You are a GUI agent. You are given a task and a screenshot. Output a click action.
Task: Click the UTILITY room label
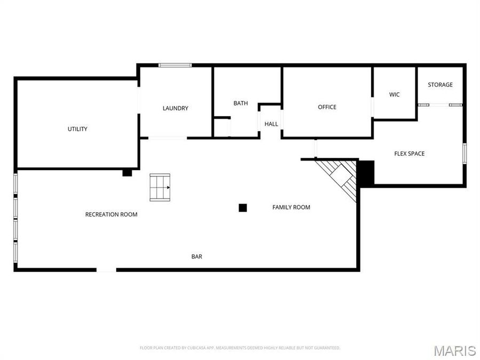[x=77, y=129]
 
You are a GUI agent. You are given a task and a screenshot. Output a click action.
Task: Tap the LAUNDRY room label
[x=175, y=108]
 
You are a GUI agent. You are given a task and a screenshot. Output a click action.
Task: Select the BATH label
[x=241, y=103]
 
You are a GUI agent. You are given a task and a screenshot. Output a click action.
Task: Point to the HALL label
[x=271, y=124]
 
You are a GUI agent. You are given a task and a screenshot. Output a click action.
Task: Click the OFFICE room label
[x=327, y=107]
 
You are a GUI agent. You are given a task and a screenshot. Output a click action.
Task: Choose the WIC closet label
[x=394, y=94]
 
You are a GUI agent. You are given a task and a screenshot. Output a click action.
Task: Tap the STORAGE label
[x=440, y=84]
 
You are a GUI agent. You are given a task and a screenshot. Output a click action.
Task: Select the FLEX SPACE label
[x=409, y=154]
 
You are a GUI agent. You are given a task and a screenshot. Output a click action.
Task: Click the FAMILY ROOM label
[x=291, y=207]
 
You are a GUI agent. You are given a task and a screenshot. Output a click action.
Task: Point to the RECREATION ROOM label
[x=111, y=214]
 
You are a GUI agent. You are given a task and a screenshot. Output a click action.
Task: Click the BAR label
[x=197, y=257]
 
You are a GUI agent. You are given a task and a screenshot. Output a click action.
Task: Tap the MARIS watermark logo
[x=454, y=350]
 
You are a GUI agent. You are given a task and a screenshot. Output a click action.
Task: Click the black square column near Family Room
[x=243, y=208]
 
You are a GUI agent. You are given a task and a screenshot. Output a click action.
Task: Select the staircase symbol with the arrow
[x=160, y=188]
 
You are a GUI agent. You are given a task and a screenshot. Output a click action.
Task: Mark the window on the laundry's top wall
[x=175, y=65]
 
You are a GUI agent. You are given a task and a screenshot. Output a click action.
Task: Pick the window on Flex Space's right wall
[x=465, y=153]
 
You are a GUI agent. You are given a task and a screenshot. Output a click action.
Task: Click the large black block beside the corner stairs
[x=365, y=172]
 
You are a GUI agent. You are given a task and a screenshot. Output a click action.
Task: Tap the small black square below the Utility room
[x=127, y=173]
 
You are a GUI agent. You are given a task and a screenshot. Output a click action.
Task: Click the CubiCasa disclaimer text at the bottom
[x=239, y=348]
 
